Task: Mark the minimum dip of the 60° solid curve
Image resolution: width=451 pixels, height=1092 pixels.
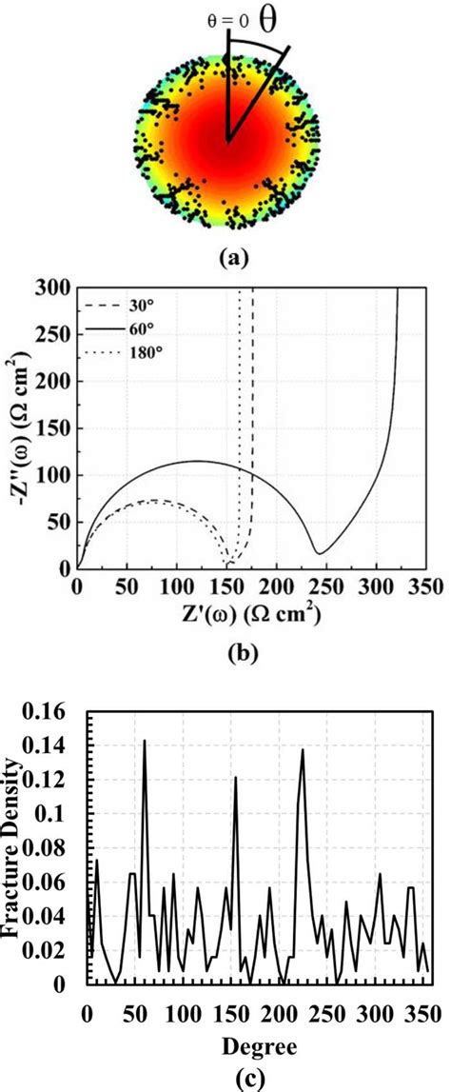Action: click(x=322, y=552)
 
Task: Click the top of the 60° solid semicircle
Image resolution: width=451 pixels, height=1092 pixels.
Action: click(x=198, y=462)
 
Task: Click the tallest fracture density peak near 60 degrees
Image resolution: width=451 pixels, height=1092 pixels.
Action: click(x=145, y=740)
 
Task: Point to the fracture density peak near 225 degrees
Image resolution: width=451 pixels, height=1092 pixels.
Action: click(x=303, y=749)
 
